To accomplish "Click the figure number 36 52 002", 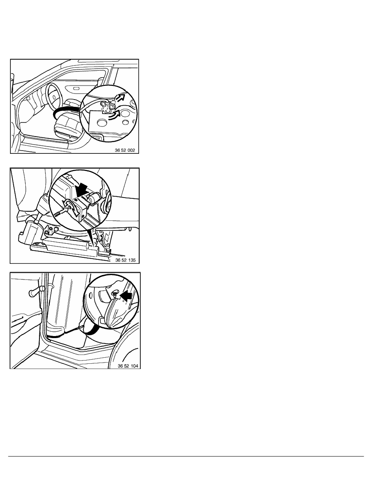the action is point(125,150).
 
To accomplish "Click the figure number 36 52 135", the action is point(125,260).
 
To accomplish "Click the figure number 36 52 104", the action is point(128,366).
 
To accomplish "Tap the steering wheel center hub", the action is point(53,97).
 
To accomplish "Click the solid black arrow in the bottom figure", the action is point(126,295).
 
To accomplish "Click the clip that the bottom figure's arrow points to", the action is point(115,294).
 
